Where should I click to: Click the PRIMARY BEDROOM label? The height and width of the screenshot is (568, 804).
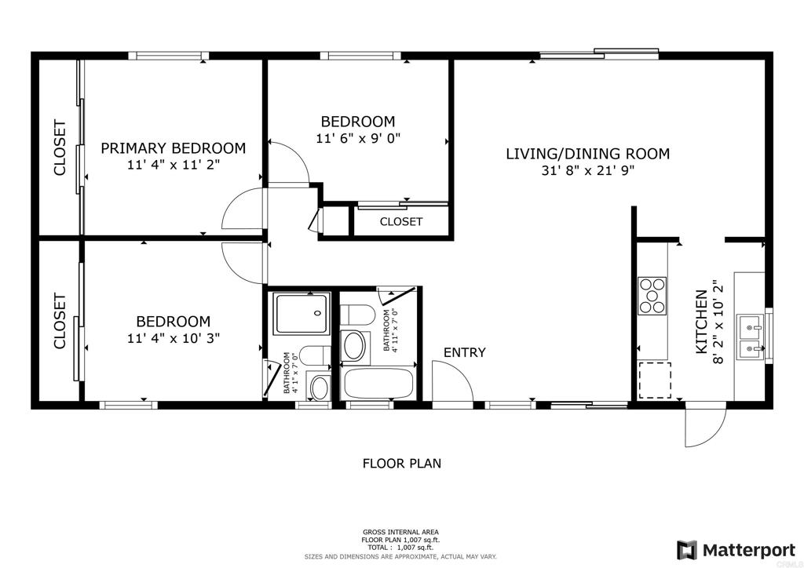click(x=173, y=148)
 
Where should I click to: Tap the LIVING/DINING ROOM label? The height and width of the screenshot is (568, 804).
click(x=587, y=154)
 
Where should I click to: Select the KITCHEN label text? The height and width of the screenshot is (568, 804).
click(x=701, y=322)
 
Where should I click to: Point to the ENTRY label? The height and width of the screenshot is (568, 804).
click(x=464, y=352)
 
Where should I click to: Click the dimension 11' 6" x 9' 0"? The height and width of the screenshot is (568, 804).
click(x=358, y=138)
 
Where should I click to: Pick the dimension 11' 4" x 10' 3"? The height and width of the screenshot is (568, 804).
click(x=174, y=338)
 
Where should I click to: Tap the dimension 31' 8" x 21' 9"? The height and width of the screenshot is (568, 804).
click(x=587, y=170)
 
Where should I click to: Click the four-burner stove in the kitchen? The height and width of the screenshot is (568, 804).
click(x=652, y=296)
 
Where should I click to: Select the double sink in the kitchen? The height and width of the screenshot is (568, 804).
click(x=750, y=337)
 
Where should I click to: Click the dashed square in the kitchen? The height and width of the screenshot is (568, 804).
click(x=654, y=380)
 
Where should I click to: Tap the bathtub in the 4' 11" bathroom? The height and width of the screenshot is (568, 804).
click(x=378, y=383)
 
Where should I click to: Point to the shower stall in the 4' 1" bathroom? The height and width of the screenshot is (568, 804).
click(x=301, y=314)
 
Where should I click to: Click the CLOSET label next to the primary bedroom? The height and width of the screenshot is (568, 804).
click(x=60, y=148)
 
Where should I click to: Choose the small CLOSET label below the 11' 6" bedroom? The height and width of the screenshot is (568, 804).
click(x=401, y=222)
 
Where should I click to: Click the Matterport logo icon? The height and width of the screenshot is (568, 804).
click(x=686, y=550)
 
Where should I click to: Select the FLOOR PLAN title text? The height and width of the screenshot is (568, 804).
click(x=402, y=464)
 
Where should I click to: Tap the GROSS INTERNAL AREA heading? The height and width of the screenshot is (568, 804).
click(x=400, y=532)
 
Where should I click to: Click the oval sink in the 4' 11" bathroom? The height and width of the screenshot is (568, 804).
click(x=354, y=346)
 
